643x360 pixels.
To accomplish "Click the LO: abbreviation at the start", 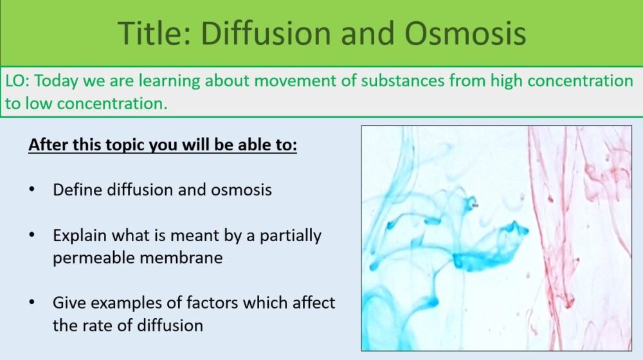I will [x=17, y=81].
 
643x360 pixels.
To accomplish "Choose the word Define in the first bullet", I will [x=76, y=190].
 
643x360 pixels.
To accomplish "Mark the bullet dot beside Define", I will [x=32, y=190].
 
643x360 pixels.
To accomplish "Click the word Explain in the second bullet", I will [x=80, y=235].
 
